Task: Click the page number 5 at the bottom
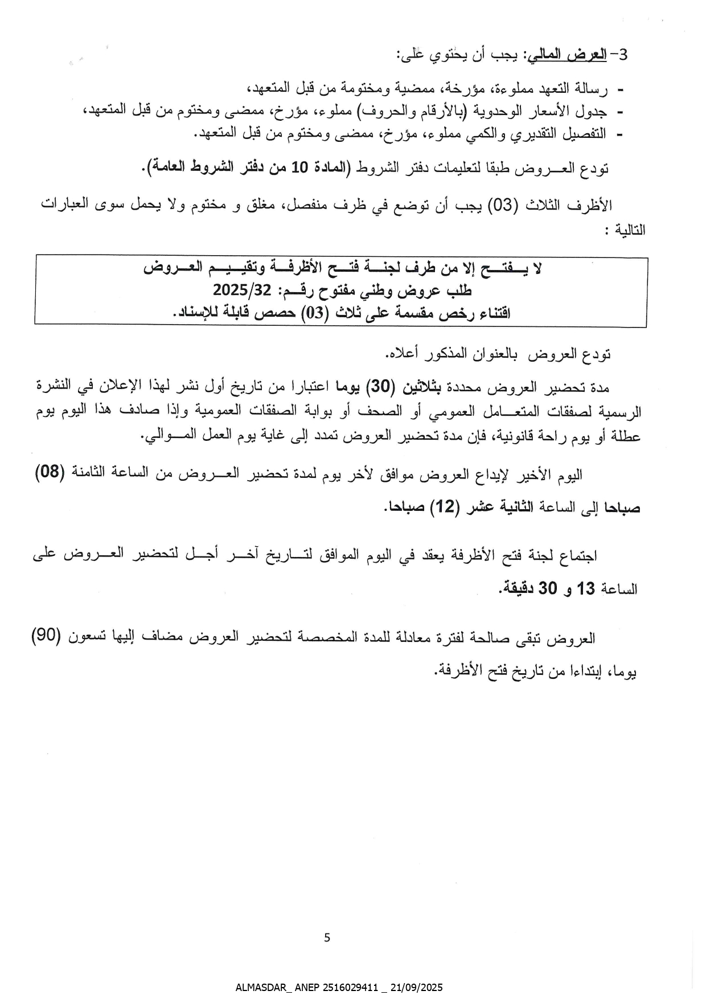(x=327, y=937)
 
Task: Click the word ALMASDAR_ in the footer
(x=261, y=988)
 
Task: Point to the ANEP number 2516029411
(x=347, y=988)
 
